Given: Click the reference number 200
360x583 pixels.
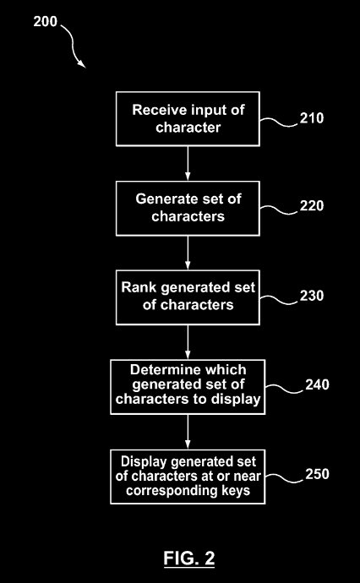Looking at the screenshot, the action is coord(46,22).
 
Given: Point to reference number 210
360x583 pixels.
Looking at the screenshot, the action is coord(312,118).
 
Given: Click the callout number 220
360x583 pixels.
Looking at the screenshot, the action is coord(312,205).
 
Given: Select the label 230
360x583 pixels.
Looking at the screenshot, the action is coord(312,296).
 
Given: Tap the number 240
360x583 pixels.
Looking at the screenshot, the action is coord(317,384).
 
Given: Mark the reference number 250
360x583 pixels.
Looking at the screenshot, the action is coord(317,474).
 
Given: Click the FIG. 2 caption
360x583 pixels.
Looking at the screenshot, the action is coord(189,558).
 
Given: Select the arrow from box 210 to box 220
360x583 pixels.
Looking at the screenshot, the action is coord(188,164).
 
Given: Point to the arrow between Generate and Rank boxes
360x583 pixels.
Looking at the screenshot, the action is coord(188,253).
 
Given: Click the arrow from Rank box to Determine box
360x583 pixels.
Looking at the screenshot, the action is coord(188,342).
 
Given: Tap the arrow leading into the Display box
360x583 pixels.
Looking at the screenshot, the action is coord(188,432).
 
